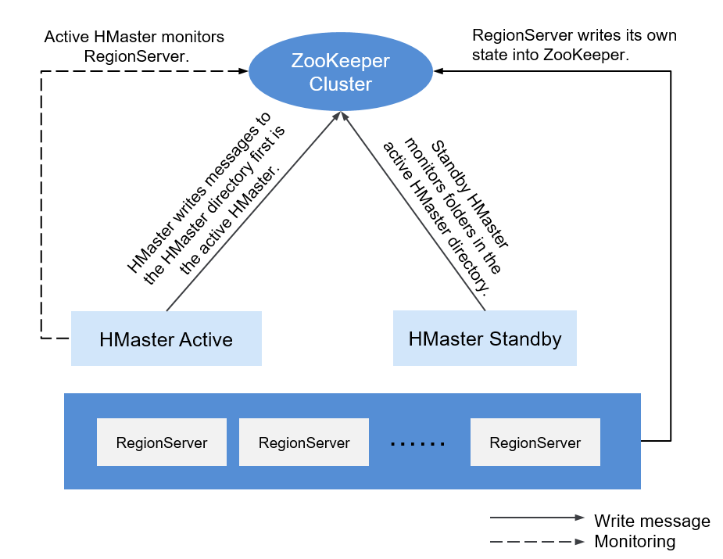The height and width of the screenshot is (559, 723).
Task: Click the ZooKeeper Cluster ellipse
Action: (x=341, y=71)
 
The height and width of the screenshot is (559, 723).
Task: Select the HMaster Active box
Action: (x=166, y=339)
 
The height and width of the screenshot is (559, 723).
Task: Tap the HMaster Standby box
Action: (x=485, y=338)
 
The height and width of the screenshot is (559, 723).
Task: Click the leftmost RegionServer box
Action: (x=162, y=443)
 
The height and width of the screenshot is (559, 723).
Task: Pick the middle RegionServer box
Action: (x=304, y=443)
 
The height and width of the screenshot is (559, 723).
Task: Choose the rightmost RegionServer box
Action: (x=535, y=443)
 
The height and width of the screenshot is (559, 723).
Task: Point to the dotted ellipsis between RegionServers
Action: (x=417, y=444)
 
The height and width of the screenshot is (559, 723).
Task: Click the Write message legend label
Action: (x=652, y=521)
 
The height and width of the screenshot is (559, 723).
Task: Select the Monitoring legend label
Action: (x=635, y=541)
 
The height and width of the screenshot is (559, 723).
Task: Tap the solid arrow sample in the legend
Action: (x=537, y=518)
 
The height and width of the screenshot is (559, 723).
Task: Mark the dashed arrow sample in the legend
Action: (x=537, y=542)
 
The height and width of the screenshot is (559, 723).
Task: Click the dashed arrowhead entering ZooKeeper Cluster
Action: (x=243, y=71)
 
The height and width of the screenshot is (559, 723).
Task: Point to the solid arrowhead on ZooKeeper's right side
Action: (x=438, y=71)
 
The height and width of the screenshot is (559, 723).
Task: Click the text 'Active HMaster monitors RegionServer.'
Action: (x=134, y=47)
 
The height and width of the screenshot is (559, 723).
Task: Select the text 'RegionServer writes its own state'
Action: (x=574, y=45)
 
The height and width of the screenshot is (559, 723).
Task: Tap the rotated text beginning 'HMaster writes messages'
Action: (x=206, y=199)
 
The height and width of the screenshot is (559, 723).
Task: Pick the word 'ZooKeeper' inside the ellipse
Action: (x=341, y=61)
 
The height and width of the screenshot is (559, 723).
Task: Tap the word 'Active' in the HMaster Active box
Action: (x=206, y=339)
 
